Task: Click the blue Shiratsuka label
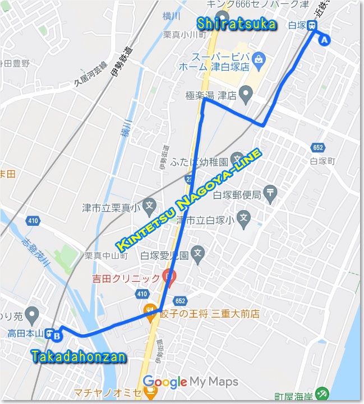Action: (237, 24)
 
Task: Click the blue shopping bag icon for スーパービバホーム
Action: (259, 59)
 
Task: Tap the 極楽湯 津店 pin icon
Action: (245, 94)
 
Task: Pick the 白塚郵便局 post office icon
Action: (271, 193)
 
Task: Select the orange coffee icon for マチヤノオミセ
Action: (150, 392)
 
